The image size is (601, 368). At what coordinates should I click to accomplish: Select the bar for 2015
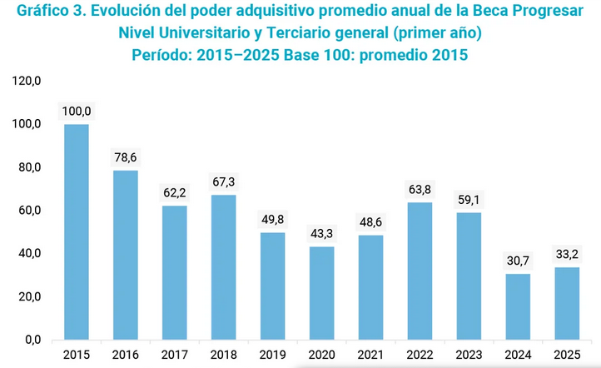(x=77, y=232)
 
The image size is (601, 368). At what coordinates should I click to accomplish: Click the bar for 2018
(x=224, y=267)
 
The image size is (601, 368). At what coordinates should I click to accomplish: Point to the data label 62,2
(x=175, y=192)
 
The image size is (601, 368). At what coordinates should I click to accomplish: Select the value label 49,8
(x=273, y=219)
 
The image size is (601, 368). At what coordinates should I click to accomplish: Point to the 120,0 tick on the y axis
(x=27, y=81)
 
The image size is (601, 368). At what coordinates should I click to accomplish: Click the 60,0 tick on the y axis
(x=30, y=211)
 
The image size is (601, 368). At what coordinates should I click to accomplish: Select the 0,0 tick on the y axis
(x=33, y=340)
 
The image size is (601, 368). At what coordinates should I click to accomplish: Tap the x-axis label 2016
(x=126, y=356)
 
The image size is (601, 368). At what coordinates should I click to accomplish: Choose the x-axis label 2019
(x=273, y=356)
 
